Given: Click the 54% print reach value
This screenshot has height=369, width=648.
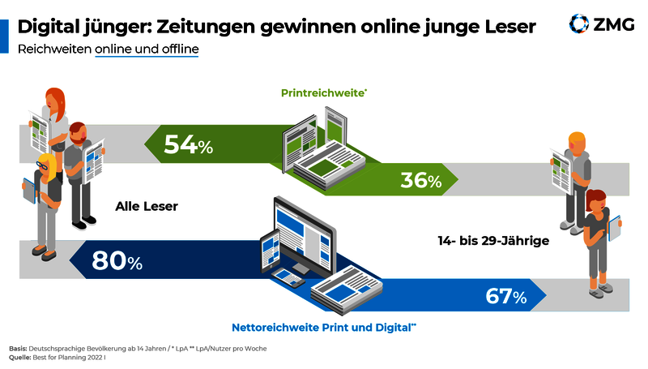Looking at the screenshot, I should pos(188,145).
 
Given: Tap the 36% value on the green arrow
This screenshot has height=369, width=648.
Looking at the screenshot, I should pos(420,180).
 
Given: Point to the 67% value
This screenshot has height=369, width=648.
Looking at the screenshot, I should pos(505,297).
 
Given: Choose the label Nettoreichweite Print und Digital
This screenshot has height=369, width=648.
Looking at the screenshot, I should pos(324,327).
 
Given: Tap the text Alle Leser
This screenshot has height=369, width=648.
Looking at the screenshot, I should pos(146,206).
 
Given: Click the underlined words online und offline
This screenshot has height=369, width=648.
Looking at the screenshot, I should pos(147,49).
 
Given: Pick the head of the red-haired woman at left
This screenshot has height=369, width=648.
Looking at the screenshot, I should pos(55,100).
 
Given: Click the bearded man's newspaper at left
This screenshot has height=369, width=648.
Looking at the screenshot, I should pos(95,159).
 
